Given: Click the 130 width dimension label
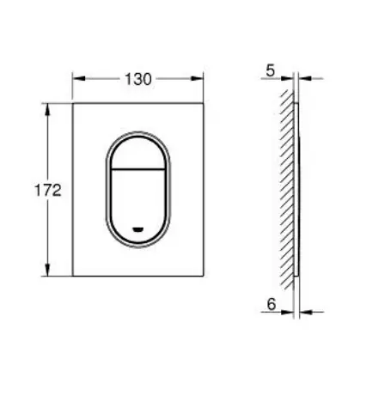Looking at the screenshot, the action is point(138,79).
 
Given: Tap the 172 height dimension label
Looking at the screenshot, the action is point(48,191).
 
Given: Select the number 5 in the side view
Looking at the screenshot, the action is point(271,70).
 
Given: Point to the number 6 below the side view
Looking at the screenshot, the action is point(271,304).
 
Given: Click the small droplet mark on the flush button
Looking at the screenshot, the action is point(138,229).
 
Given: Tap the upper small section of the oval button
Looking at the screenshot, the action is point(138,153).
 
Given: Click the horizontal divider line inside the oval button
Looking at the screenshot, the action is point(138,169).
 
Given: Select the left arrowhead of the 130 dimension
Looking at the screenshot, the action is point(79,78).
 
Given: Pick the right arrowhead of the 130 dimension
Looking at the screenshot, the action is point(197,78).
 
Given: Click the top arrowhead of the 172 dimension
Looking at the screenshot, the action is point(47,109).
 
